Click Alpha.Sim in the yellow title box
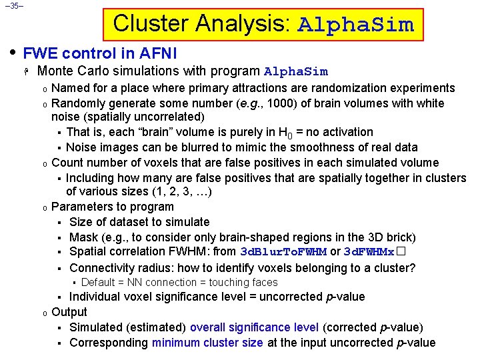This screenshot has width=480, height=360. click(x=355, y=25)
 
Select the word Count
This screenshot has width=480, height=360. click(x=67, y=163)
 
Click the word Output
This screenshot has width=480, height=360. click(x=69, y=312)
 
